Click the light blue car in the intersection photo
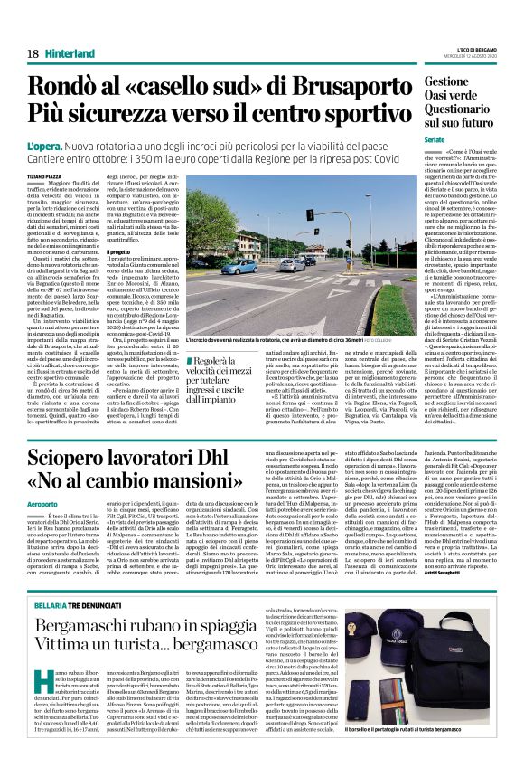pos(239,268)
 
